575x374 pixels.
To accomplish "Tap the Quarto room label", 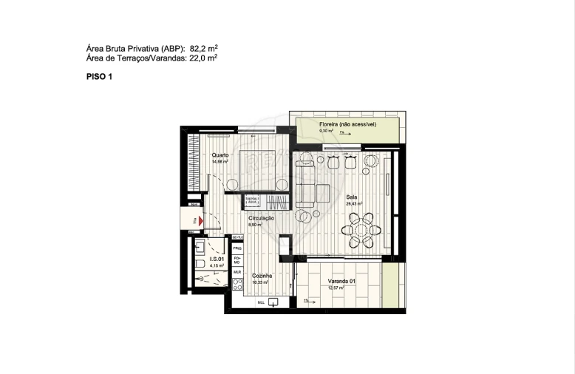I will pyautogui.click(x=220, y=155).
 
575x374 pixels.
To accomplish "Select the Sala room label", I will pyautogui.click(x=353, y=197).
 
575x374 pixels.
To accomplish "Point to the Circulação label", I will pyautogui.click(x=262, y=218).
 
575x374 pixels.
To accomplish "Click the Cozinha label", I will pyautogui.click(x=262, y=276).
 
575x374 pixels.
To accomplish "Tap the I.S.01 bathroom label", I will pyautogui.click(x=217, y=259).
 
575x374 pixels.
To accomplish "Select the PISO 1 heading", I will pyautogui.click(x=99, y=76).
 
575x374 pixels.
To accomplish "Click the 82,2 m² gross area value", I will pyautogui.click(x=202, y=48).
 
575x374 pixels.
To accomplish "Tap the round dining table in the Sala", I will pyautogui.click(x=363, y=230).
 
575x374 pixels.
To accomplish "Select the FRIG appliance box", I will pyautogui.click(x=238, y=248).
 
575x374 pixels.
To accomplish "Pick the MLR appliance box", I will pyautogui.click(x=238, y=272).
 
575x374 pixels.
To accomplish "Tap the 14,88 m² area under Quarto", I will pyautogui.click(x=220, y=161).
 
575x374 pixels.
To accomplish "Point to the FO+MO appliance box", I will pyautogui.click(x=238, y=260).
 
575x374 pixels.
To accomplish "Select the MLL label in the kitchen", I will pyautogui.click(x=261, y=303).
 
